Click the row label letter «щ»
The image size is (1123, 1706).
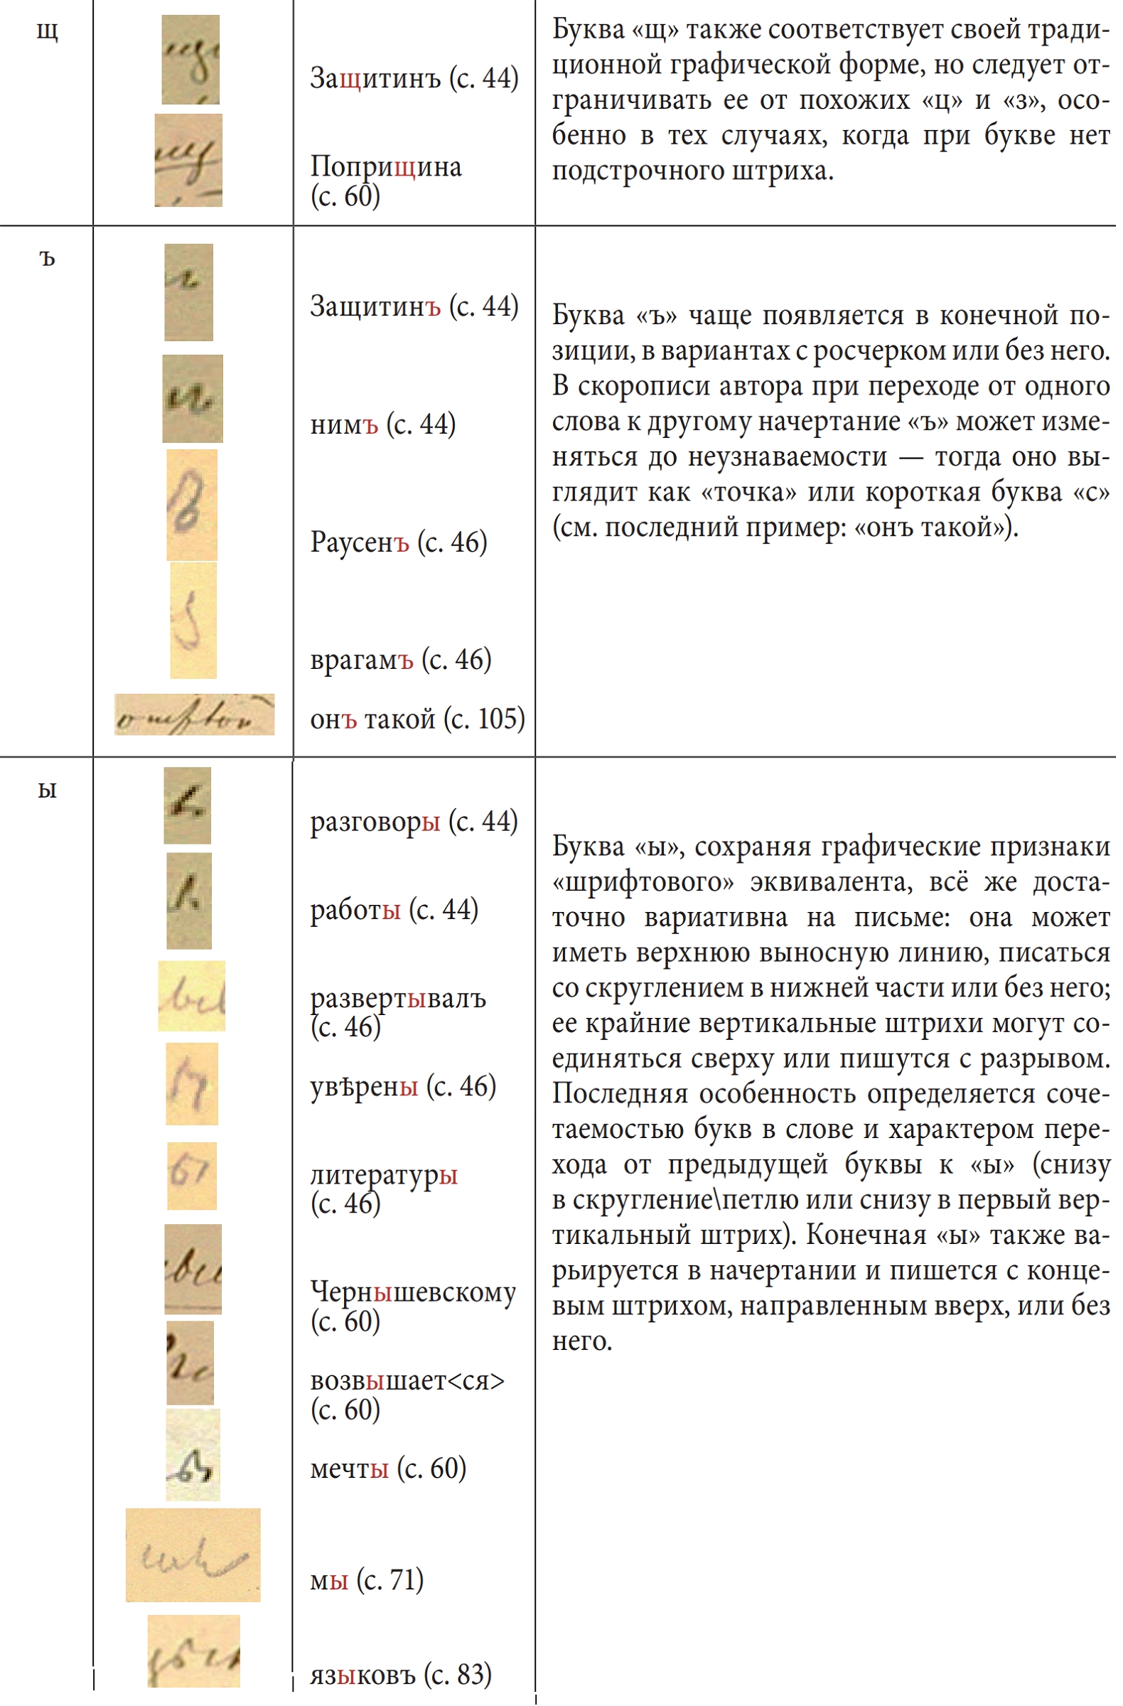[48, 32]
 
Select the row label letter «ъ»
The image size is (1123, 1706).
[48, 259]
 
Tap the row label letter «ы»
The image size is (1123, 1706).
[48, 790]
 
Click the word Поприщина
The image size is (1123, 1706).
[385, 167]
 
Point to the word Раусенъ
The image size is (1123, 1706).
[359, 542]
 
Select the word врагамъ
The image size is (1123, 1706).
[361, 660]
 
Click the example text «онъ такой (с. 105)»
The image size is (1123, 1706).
[417, 719]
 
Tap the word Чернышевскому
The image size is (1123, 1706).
[413, 1292]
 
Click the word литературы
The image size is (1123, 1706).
[383, 1175]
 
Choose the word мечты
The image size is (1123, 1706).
[349, 1469]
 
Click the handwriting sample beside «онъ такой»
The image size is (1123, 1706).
[194, 714]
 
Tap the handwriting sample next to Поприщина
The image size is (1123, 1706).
[188, 161]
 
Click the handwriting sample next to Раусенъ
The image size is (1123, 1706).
[191, 505]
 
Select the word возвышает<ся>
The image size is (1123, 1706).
[407, 1380]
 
